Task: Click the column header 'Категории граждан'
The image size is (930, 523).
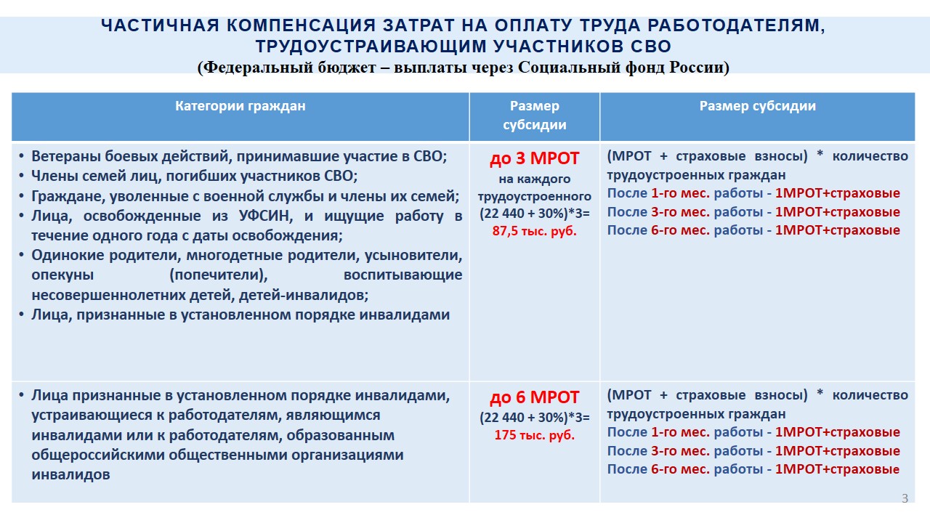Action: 240,106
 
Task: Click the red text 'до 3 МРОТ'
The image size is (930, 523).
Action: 534,158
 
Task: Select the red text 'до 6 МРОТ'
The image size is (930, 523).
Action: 534,397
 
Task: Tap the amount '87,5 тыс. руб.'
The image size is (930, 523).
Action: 534,231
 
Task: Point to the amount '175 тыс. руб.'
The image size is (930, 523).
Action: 534,435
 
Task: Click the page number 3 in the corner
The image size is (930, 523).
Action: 905,498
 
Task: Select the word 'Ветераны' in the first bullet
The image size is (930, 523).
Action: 65,156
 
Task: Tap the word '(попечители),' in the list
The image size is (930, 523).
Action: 219,275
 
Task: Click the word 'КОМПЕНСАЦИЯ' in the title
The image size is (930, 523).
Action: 301,25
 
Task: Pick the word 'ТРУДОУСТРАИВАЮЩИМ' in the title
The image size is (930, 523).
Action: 371,46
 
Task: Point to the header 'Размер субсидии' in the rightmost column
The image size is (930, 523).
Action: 757,106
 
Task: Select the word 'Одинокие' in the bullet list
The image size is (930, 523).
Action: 68,255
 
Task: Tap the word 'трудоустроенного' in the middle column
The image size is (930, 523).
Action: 534,196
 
